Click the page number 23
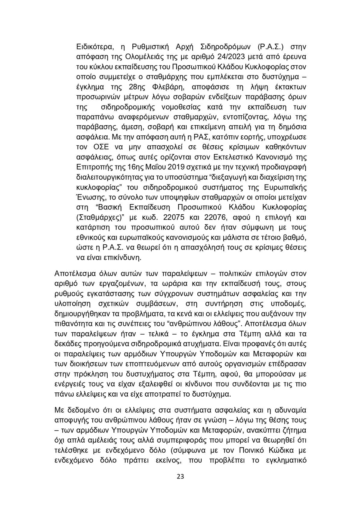click(x=180, y=476)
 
